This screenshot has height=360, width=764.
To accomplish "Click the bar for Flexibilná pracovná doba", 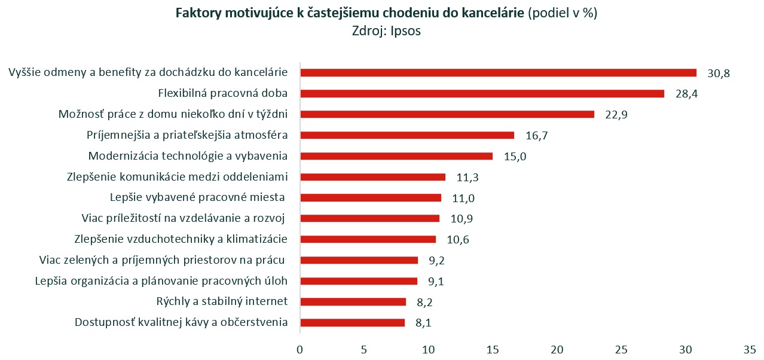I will (482, 93).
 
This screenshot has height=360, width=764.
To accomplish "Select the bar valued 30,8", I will (498, 72).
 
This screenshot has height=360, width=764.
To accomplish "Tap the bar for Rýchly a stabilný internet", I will (353, 301).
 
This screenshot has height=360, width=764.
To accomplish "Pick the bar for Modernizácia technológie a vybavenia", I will (396, 156).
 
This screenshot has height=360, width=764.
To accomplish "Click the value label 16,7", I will (537, 136).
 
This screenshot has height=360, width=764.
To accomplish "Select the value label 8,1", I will (424, 324).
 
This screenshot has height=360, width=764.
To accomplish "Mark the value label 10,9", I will (462, 219).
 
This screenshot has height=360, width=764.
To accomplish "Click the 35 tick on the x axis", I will (750, 348).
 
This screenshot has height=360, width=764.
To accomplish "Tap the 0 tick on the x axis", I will (300, 348).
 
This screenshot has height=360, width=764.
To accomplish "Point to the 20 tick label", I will (557, 348).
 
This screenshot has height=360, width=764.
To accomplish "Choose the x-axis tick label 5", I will (364, 348).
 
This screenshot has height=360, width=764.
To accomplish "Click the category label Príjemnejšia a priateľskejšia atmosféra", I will (187, 135).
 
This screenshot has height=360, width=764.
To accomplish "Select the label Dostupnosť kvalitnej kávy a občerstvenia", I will (181, 322).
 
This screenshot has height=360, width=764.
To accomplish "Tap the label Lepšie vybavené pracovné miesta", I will (198, 197).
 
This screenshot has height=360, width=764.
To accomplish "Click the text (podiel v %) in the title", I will (563, 14).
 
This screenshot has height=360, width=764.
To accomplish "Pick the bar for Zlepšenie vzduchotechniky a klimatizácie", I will (368, 239).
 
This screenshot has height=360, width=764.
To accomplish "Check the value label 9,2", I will (437, 261).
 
